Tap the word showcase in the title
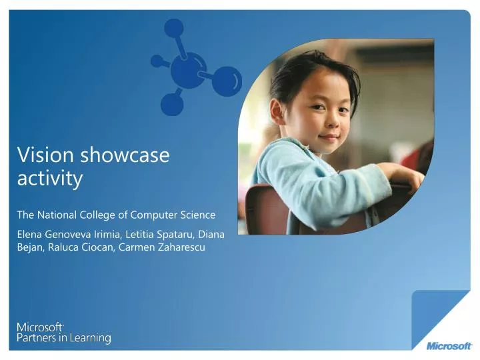pyautogui.click(x=125, y=155)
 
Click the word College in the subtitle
pyautogui.click(x=108, y=215)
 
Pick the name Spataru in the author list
pyautogui.click(x=176, y=235)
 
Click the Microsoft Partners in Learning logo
pyautogui.click(x=63, y=333)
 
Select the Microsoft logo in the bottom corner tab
pyautogui.click(x=449, y=345)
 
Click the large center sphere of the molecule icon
pyautogui.click(x=187, y=71)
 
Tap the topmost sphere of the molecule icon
pyautogui.click(x=173, y=27)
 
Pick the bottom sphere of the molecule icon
pyautogui.click(x=172, y=103)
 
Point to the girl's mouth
pyautogui.click(x=329, y=137)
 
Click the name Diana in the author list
pyautogui.click(x=211, y=235)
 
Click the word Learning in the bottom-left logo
pyautogui.click(x=89, y=338)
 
